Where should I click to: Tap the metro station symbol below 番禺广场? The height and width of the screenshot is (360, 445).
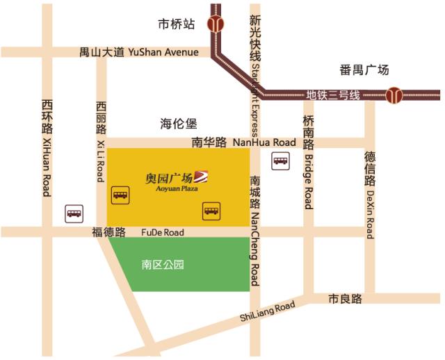[394, 95]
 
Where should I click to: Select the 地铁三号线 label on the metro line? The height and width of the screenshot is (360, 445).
[333, 95]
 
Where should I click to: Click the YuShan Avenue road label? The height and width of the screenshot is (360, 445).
[163, 52]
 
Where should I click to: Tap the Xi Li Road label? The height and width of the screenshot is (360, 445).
[102, 161]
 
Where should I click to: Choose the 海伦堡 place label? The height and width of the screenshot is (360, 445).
[179, 124]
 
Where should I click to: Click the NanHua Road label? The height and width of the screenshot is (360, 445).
[264, 142]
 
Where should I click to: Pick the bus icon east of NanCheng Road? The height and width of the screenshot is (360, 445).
[280, 161]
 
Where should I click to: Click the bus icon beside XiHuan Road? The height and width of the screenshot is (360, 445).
[74, 213]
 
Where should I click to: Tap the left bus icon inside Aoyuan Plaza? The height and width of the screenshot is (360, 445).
[120, 194]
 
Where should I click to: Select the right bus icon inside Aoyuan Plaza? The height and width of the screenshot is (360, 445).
[211, 208]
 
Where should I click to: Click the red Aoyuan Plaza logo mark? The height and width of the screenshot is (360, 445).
[201, 177]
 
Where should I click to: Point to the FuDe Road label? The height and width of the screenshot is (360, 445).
[163, 232]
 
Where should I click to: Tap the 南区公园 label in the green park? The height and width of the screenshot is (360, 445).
[163, 265]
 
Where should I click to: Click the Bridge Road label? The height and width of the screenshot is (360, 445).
[309, 181]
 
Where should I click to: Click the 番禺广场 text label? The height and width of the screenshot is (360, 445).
[364, 69]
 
